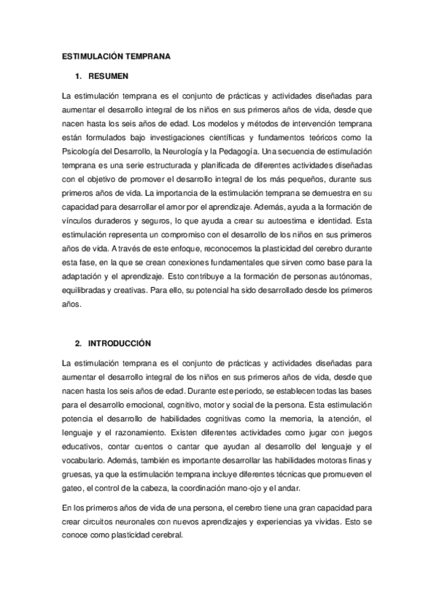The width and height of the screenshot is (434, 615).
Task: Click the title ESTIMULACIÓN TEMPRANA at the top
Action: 116,55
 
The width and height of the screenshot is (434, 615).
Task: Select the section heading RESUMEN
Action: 109,75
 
